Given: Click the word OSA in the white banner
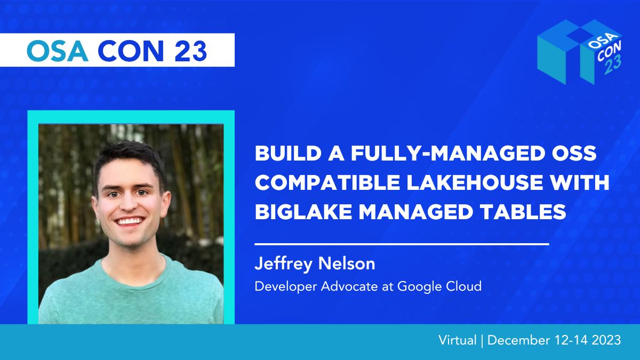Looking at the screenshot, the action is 57,51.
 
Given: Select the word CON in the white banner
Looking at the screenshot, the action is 131,51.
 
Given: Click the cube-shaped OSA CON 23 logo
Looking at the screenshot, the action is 580,52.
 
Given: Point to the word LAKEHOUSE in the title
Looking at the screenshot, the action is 475,182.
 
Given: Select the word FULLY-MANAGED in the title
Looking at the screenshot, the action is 447,153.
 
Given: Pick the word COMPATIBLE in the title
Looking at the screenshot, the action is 327,182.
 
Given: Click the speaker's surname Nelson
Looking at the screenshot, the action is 347,263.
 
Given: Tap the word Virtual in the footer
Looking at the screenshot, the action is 458,340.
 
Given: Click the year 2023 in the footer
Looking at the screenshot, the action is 606,340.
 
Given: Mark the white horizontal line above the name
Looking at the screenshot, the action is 402,244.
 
